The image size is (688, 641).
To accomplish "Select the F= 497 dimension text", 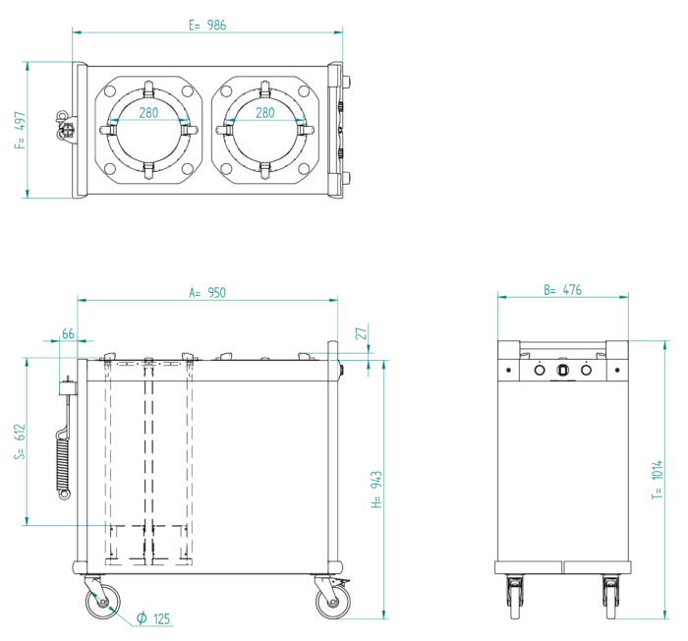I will point(20,129).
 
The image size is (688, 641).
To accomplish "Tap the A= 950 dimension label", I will point(207,292).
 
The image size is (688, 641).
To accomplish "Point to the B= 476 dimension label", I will point(563,290).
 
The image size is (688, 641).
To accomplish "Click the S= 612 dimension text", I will point(20,441).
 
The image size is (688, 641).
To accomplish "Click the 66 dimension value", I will point(68,334).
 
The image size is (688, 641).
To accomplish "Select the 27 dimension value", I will point(361,334).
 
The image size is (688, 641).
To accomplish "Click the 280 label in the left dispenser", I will point(147,113).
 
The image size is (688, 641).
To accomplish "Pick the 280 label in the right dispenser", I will point(265,113).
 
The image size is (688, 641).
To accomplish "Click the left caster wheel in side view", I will point(102,601).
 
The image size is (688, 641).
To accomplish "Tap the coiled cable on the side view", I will point(65,457).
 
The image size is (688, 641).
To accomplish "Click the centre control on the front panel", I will point(563,371).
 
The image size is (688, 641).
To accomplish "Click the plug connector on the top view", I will point(65,127).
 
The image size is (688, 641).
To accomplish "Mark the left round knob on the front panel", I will point(540,371).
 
